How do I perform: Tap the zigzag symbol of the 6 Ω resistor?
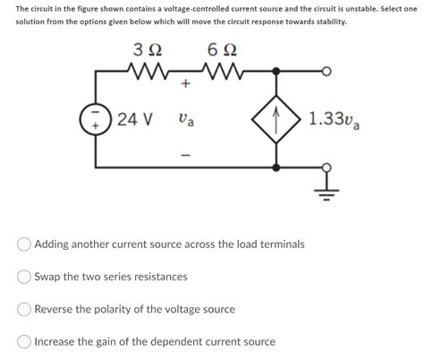pyautogui.click(x=220, y=70)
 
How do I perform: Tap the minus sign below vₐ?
pyautogui.click(x=185, y=152)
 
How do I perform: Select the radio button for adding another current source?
pyautogui.click(x=25, y=244)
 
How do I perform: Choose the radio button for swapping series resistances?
pyautogui.click(x=25, y=277)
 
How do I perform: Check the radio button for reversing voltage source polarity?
pyautogui.click(x=25, y=309)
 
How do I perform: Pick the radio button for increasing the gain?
pyautogui.click(x=25, y=341)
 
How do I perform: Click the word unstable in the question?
pyautogui.click(x=366, y=7)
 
